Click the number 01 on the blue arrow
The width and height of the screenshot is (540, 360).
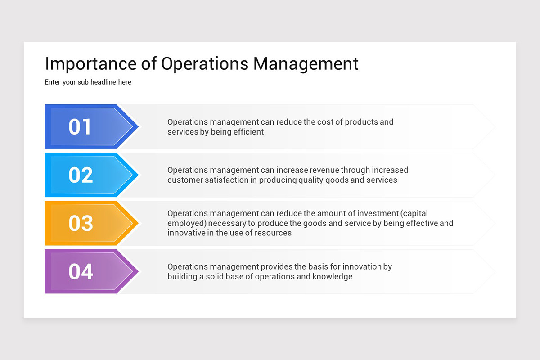click(x=80, y=127)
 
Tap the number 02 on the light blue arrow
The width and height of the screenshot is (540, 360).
click(x=81, y=175)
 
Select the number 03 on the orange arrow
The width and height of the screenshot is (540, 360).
click(x=81, y=223)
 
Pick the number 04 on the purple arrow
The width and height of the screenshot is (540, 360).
click(x=81, y=271)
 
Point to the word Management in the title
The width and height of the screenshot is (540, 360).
click(x=306, y=64)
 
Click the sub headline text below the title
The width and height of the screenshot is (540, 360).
click(x=88, y=82)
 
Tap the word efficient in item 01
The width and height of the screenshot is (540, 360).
click(x=247, y=132)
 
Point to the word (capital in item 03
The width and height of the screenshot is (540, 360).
click(x=415, y=213)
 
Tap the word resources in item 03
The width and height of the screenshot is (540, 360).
click(x=274, y=233)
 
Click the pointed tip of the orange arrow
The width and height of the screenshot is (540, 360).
click(x=137, y=223)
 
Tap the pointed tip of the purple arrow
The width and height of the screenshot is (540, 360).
click(x=137, y=271)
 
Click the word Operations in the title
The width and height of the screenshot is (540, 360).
click(x=205, y=64)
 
